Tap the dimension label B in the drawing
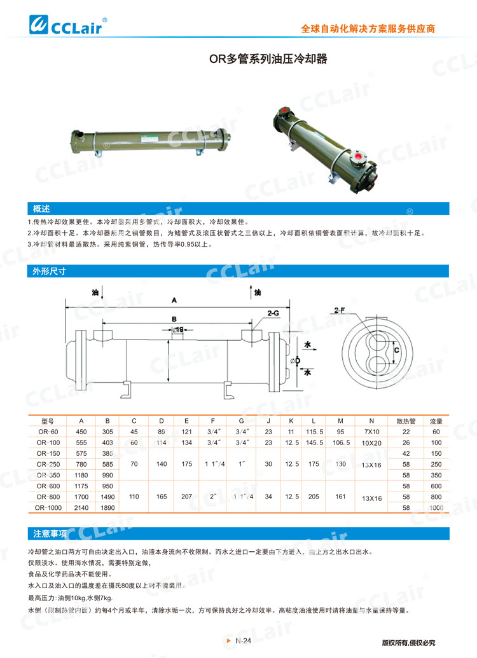point(174,318)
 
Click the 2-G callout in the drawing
point(273,313)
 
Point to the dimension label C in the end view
point(396,350)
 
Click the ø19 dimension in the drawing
point(178,330)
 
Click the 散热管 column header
point(406,421)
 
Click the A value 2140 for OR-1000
point(81,509)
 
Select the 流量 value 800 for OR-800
point(436,497)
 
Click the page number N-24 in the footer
point(243,641)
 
